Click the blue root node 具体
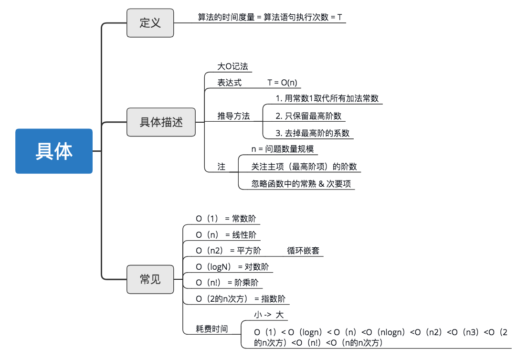pos(54,151)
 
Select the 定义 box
pos(150,23)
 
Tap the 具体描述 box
pos(161,122)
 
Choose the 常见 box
pos(150,279)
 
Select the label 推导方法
pos(233,116)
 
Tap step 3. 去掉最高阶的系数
pos(313,133)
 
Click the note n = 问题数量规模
pos(283,149)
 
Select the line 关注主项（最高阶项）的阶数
pos(304,167)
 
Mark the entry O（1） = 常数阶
pos(226,219)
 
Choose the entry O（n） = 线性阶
pos(226,235)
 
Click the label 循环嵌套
pos(303,250)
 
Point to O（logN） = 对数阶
pos(232,266)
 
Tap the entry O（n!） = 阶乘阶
pos(227,282)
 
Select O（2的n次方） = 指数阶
pos(241,299)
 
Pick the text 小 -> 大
pos(268,315)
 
